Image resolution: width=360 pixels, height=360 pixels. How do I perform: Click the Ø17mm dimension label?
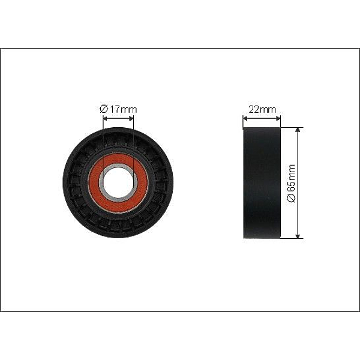point(118,109)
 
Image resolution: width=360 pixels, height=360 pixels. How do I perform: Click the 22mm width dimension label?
point(262,110)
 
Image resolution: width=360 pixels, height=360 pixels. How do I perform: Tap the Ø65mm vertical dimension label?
point(292,183)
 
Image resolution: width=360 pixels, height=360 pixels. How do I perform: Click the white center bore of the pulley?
point(118,182)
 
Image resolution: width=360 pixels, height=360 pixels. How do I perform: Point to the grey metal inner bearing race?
point(101,182)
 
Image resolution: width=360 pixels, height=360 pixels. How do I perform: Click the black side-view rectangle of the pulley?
point(262,183)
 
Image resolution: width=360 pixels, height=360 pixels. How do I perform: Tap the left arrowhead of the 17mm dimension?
point(105,118)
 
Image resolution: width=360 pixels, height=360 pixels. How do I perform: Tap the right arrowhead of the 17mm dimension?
point(131,118)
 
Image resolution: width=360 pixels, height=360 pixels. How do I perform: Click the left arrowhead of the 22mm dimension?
point(245,118)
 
